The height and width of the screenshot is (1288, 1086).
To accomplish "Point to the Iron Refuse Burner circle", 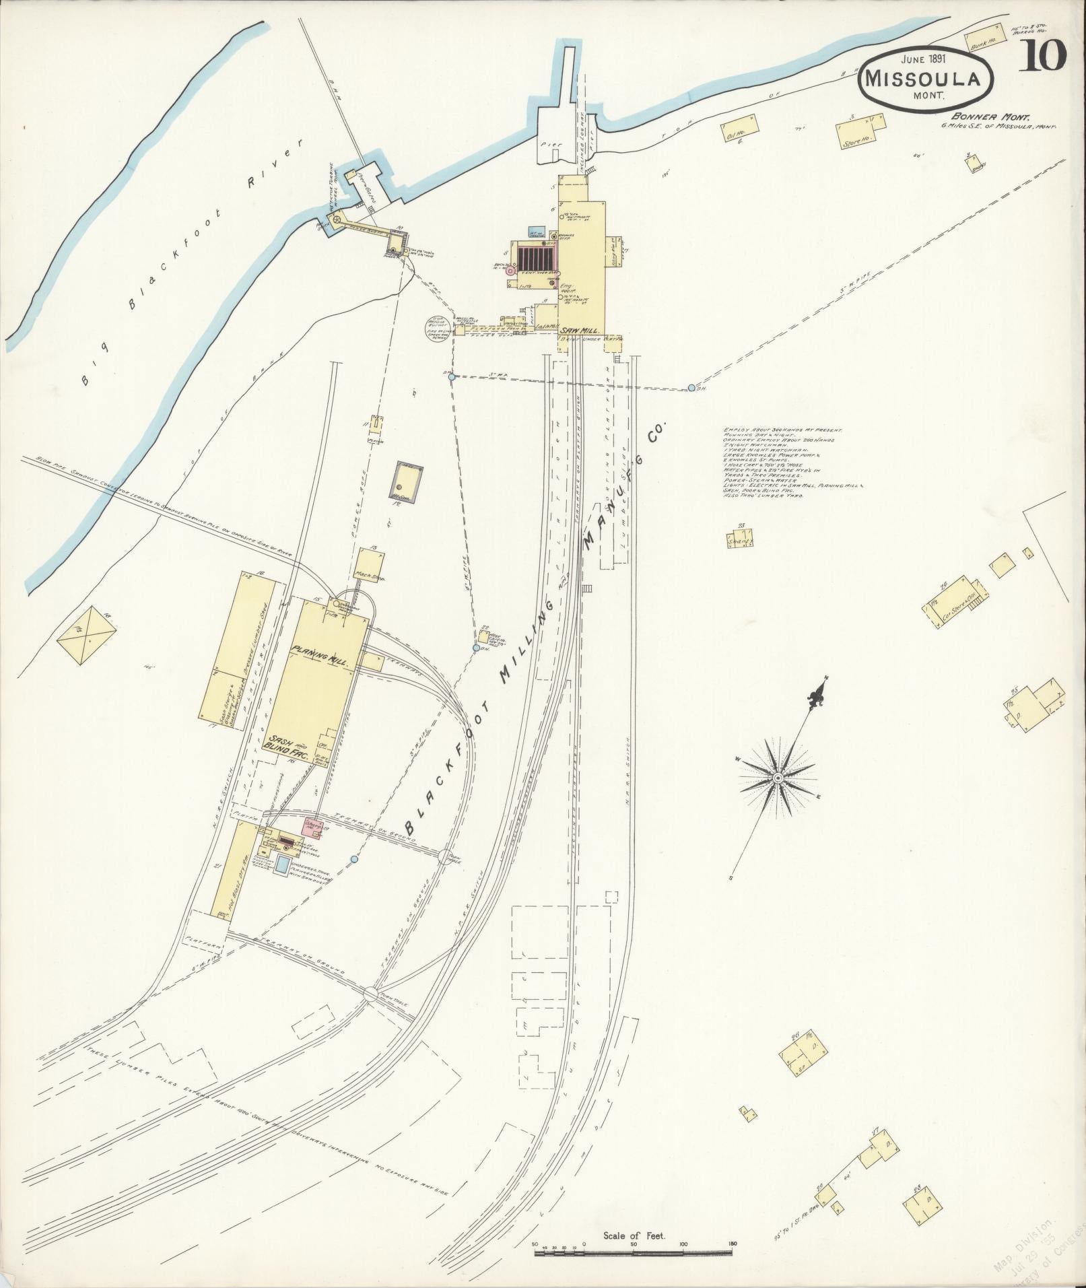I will [436, 329].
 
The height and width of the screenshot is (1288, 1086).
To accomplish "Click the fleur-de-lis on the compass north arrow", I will [817, 691].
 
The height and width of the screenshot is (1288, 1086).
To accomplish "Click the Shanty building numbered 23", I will [739, 538].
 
